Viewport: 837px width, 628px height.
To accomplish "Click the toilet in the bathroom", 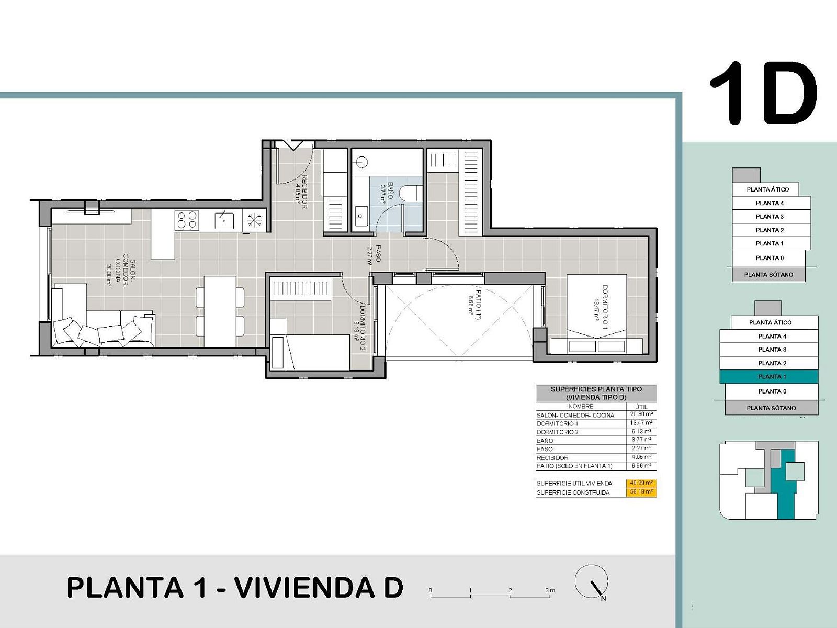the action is tap(411, 193).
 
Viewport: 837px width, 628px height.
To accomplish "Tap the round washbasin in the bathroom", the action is tap(363, 162).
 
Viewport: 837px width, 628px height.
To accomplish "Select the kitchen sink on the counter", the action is tap(224, 220).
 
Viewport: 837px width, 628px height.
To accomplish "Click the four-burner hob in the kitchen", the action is tap(187, 220).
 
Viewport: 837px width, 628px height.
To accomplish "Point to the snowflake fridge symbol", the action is tap(254, 220).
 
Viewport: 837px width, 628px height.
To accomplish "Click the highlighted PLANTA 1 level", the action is tap(769, 376).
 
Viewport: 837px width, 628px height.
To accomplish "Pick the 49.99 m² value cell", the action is tap(641, 483).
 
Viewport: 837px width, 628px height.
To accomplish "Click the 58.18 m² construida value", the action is tap(641, 492).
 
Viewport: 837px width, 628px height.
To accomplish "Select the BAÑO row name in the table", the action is tap(545, 441).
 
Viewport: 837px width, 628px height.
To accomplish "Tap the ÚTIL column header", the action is tap(641, 407).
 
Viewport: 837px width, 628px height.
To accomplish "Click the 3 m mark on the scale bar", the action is tap(549, 591).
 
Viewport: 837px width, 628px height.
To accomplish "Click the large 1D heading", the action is tap(764, 94).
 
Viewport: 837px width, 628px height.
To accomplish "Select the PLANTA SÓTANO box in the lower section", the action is tap(771, 408).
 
